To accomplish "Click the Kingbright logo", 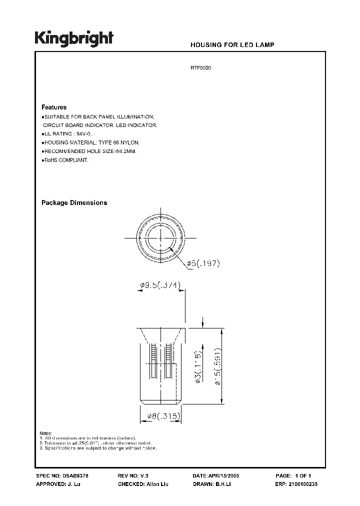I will pyautogui.click(x=74, y=39).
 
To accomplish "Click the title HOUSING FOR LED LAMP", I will pyautogui.click(x=232, y=45).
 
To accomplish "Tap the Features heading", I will pyautogui.click(x=53, y=107).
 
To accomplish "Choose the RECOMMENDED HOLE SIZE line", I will pyautogui.click(x=89, y=151).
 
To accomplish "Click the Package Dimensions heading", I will pyautogui.click(x=74, y=203).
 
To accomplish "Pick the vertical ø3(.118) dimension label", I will pyautogui.click(x=198, y=367).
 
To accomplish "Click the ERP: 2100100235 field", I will pyautogui.click(x=298, y=484).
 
